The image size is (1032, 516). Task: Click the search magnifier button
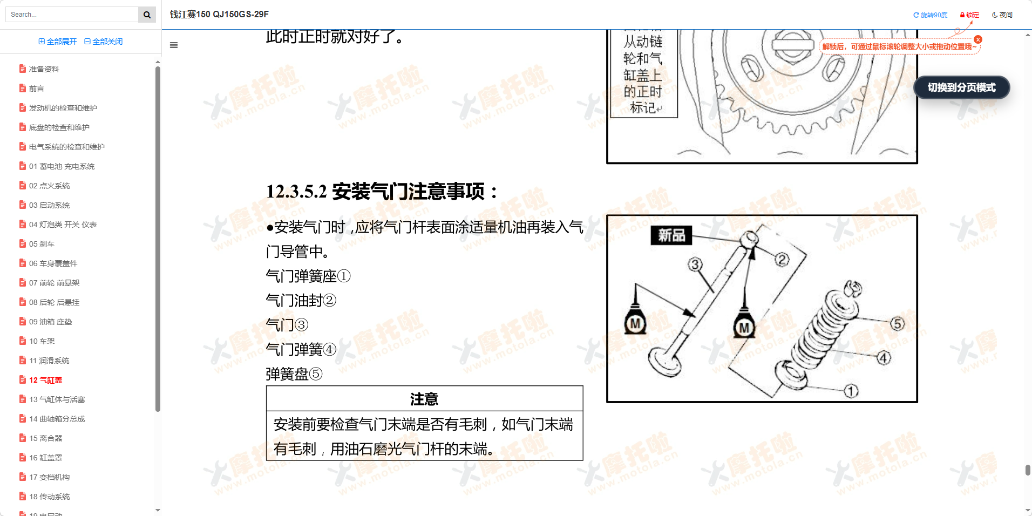click(147, 15)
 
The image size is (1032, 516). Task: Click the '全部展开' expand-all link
click(58, 42)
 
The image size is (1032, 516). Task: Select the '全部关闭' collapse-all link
click(104, 42)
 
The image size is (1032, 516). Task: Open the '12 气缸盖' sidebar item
click(45, 380)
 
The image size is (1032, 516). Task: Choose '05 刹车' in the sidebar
click(42, 244)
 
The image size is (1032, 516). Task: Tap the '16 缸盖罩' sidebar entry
click(45, 458)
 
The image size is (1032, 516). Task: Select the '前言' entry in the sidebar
click(36, 89)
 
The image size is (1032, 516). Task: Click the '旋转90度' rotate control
click(930, 15)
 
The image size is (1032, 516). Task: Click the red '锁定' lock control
click(969, 15)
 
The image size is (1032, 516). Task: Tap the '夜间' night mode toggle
click(1002, 15)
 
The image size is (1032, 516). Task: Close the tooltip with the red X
click(978, 39)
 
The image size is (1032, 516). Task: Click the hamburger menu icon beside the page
click(174, 45)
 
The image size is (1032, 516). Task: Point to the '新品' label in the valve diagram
click(671, 235)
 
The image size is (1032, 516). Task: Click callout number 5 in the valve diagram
click(897, 324)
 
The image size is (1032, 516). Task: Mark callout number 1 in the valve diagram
click(851, 391)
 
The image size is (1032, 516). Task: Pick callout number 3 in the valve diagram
click(695, 264)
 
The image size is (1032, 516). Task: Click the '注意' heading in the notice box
click(424, 399)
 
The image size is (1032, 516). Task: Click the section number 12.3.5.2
click(296, 192)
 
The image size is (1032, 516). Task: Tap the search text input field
click(73, 15)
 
